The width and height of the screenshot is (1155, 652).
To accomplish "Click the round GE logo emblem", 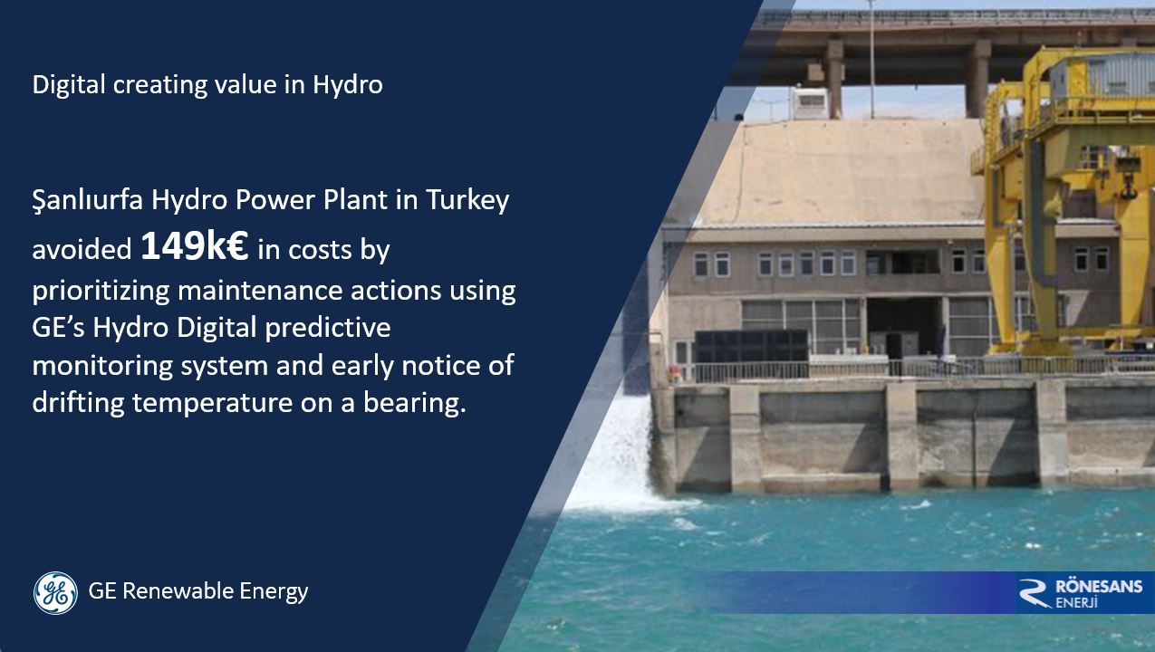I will coord(55,593).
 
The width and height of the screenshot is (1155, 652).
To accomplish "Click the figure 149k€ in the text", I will coord(194,247).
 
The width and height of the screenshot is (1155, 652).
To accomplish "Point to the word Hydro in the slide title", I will coord(348,85).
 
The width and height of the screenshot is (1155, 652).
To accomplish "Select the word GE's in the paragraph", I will coord(56,327).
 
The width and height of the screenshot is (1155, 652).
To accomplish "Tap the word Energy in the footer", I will coord(274,592).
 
